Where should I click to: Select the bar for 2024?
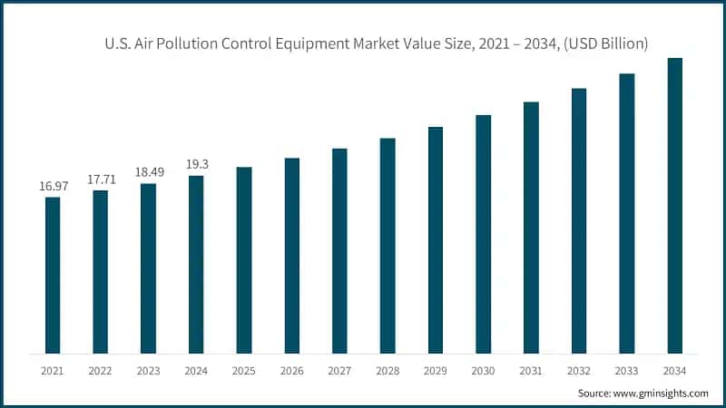tap(196, 264)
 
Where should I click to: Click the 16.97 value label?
tap(53, 186)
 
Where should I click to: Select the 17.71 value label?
tap(101, 180)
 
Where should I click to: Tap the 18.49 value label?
tap(148, 172)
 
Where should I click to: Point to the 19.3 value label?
tap(196, 165)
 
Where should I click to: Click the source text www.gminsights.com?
tap(662, 393)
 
